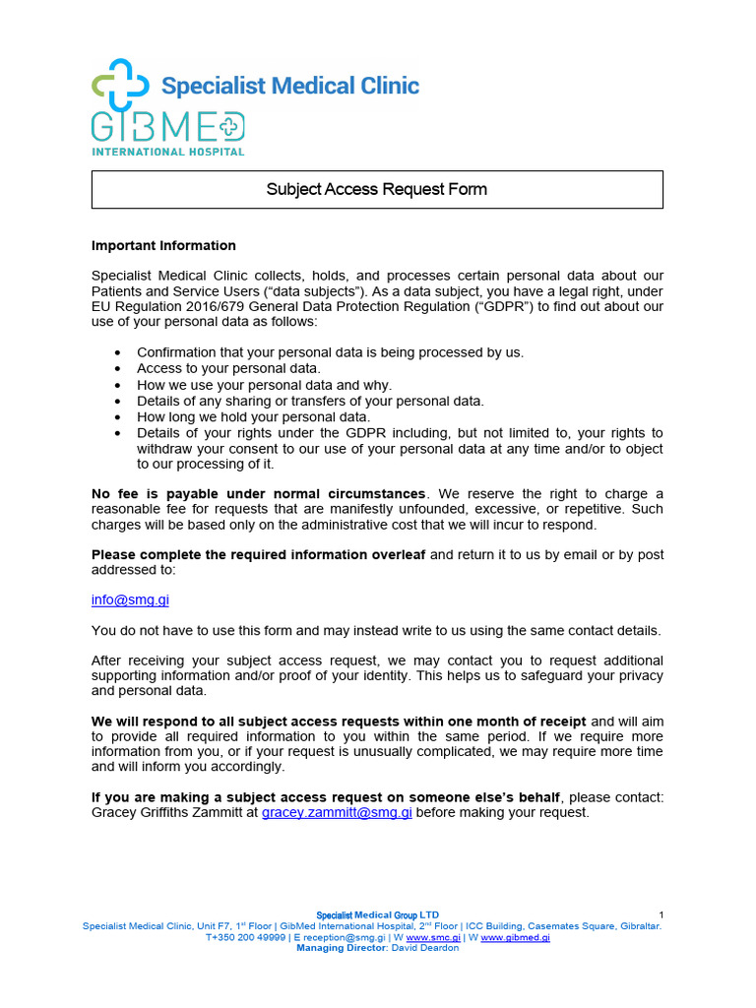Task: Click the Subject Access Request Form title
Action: (x=377, y=189)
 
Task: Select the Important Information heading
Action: (x=163, y=245)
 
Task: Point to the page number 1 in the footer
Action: (x=661, y=915)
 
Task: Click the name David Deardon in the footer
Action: (x=426, y=948)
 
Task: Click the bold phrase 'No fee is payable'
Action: (x=148, y=493)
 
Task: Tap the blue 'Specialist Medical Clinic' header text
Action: (x=290, y=86)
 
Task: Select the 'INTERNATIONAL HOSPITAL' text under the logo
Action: (x=167, y=152)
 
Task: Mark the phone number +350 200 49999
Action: (x=245, y=938)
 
